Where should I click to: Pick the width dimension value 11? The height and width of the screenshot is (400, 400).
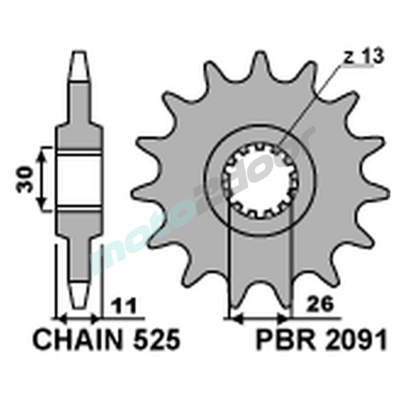pyautogui.click(x=124, y=306)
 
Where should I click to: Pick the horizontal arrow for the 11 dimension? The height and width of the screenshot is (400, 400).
pyautogui.click(x=79, y=319)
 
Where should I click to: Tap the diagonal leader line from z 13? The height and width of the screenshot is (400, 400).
pyautogui.click(x=310, y=104)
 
